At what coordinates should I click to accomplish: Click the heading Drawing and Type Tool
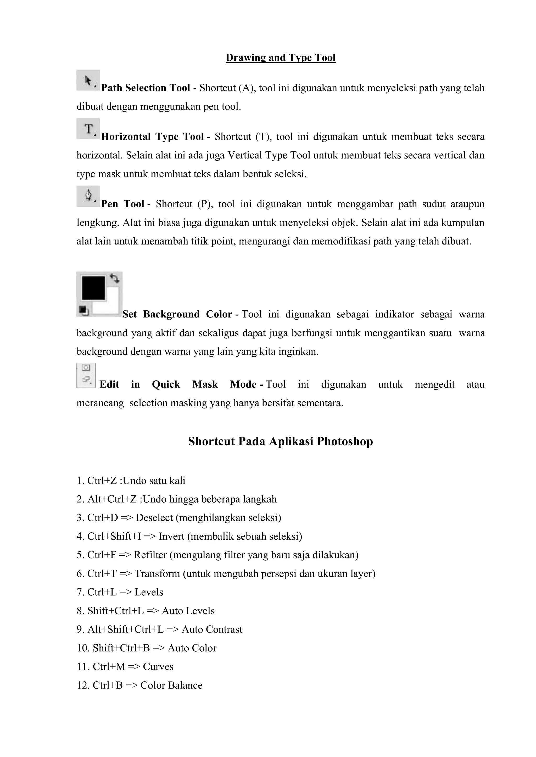coord(281,58)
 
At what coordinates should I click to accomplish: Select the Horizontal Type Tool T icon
coord(88,129)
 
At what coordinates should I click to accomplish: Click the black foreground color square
coord(93,288)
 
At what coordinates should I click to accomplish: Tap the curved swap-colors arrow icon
coord(115,278)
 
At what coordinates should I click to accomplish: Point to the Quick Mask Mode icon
coord(86,375)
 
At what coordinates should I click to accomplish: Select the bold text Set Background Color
coord(177,314)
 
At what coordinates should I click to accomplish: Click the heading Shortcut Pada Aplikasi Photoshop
coord(281,441)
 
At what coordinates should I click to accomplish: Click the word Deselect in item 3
coord(154,518)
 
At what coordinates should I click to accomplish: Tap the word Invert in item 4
coord(171,536)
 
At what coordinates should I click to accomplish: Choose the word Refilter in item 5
coord(150,555)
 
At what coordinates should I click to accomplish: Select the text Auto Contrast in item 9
coord(212,629)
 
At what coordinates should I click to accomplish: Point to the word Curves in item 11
coord(158,667)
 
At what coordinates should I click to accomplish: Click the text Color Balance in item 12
coord(171,685)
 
